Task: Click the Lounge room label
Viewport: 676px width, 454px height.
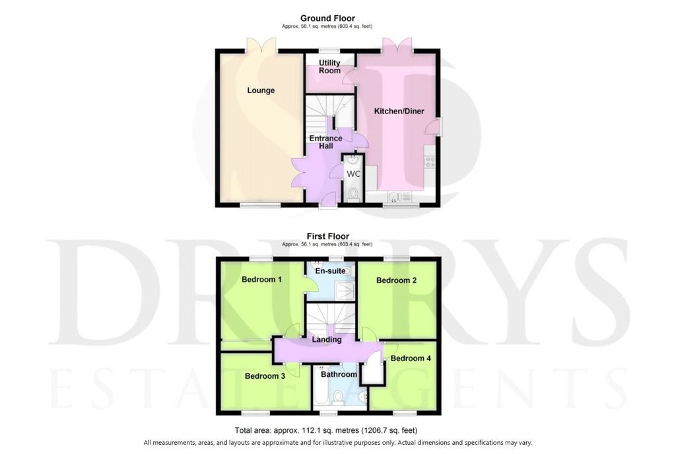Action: [x=261, y=90]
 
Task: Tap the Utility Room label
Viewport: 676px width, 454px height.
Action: [x=329, y=67]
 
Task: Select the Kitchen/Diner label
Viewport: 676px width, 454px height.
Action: [x=399, y=111]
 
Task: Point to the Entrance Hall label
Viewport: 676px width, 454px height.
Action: [x=326, y=142]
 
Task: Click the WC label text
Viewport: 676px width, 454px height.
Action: [x=354, y=174]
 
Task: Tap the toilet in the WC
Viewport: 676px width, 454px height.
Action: [x=354, y=194]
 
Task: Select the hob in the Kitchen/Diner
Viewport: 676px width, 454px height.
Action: [x=430, y=162]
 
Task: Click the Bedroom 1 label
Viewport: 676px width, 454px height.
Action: [x=261, y=280]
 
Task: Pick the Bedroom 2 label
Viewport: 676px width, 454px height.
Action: [x=397, y=280]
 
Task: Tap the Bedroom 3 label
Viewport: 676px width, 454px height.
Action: [x=265, y=376]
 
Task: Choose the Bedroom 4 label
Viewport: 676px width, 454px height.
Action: [x=411, y=358]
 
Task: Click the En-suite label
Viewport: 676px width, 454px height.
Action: [x=331, y=271]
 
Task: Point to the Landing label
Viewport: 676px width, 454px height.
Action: [x=327, y=339]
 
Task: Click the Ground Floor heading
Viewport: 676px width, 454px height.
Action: [x=327, y=18]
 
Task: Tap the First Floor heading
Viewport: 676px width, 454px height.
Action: [x=328, y=236]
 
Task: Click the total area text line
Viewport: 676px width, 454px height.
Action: [x=326, y=430]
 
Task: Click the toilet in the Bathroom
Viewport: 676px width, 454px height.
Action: [x=338, y=397]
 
